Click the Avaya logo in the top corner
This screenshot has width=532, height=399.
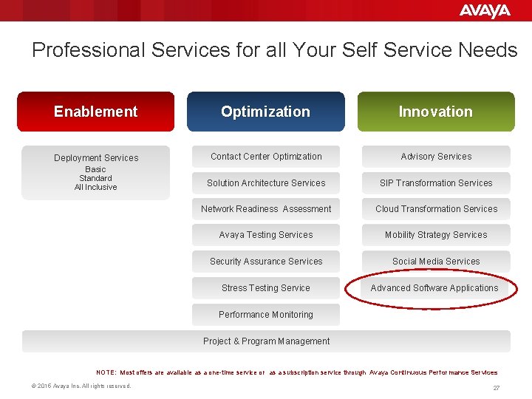click(x=485, y=10)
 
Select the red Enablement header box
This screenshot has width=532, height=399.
click(x=96, y=112)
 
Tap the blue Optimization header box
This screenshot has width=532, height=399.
click(x=265, y=112)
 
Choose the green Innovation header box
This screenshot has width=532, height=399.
click(x=436, y=112)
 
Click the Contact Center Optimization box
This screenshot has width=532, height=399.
click(x=266, y=157)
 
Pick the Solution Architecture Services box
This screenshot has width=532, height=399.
click(x=266, y=183)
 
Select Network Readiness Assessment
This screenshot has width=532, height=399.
click(x=266, y=209)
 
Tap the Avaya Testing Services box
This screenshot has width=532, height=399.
click(x=266, y=235)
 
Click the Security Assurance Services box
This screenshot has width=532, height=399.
click(x=266, y=262)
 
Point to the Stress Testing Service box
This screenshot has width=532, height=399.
click(x=266, y=288)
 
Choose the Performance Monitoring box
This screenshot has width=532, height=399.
click(x=266, y=315)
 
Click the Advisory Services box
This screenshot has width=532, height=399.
click(x=436, y=157)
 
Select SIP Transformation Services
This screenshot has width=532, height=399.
click(x=436, y=183)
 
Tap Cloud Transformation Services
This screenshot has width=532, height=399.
click(x=436, y=209)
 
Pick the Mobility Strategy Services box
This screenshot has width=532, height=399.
click(x=436, y=235)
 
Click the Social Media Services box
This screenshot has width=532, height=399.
click(x=436, y=262)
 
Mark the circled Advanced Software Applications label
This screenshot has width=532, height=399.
click(x=434, y=288)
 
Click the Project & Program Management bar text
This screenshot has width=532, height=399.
click(x=267, y=341)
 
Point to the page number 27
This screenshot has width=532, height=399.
click(x=497, y=388)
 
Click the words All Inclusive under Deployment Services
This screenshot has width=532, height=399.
click(x=96, y=188)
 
